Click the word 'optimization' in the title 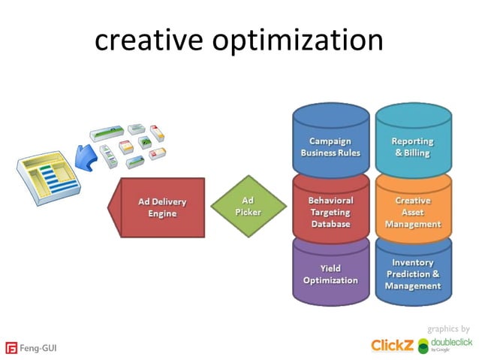point(297,42)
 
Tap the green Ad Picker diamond point(248,207)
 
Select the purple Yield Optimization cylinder point(330,274)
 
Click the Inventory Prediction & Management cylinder point(412,274)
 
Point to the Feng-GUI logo point(32,348)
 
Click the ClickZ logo point(391,344)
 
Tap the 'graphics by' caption point(448,328)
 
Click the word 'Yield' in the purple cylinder point(330,268)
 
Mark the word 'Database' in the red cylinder point(330,224)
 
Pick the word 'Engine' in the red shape point(162,213)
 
